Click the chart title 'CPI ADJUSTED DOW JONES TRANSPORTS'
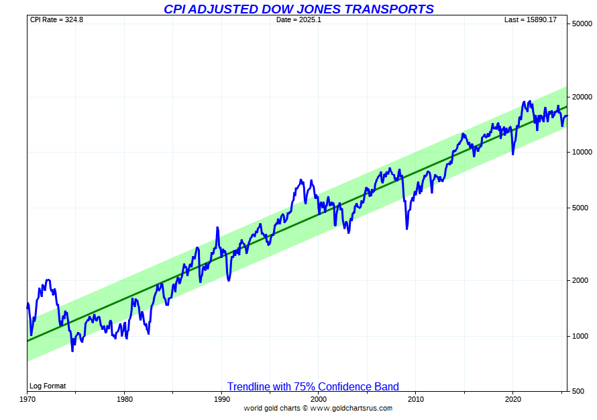(298, 9)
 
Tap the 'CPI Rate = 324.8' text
(56, 19)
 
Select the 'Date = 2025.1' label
(298, 19)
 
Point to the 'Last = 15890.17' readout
(531, 19)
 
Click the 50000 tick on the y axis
(581, 24)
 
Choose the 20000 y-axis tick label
(581, 97)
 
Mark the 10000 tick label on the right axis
(581, 152)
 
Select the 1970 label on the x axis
(27, 398)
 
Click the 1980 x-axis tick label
(124, 398)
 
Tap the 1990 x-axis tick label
(221, 398)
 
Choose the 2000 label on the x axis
(319, 398)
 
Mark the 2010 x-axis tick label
(416, 398)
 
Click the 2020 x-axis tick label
(513, 398)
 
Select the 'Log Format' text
(47, 386)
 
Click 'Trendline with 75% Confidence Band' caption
(313, 386)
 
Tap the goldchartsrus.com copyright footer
(318, 408)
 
